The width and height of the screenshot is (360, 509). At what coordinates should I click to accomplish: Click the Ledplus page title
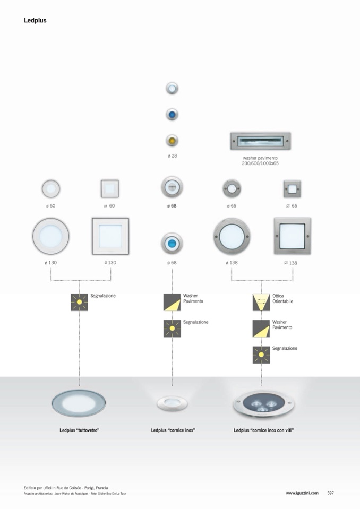pyautogui.click(x=35, y=20)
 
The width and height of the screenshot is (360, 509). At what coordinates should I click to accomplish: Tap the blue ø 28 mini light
pyautogui.click(x=172, y=115)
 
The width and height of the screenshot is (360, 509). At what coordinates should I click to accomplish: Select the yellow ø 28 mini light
pyautogui.click(x=172, y=141)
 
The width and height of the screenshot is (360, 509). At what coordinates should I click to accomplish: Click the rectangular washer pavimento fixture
pyautogui.click(x=260, y=141)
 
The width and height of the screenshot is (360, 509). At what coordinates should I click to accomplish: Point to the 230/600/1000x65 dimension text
pyautogui.click(x=260, y=163)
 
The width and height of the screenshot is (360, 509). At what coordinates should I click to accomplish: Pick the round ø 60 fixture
pyautogui.click(x=50, y=188)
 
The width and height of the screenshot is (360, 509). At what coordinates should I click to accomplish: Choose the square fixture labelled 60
pyautogui.click(x=110, y=188)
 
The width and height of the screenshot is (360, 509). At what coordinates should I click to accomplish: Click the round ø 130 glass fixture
pyautogui.click(x=50, y=236)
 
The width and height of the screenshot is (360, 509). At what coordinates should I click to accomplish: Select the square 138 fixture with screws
pyautogui.click(x=293, y=236)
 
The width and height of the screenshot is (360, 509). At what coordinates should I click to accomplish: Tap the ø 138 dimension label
pyautogui.click(x=232, y=262)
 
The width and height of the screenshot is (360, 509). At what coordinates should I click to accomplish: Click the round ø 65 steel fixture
pyautogui.click(x=232, y=188)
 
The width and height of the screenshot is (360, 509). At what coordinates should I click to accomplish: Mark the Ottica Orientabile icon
pyautogui.click(x=261, y=302)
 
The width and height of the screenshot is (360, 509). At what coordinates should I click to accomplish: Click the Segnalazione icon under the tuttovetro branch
pyautogui.click(x=80, y=302)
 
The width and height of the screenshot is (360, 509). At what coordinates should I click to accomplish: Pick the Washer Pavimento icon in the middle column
pyautogui.click(x=172, y=302)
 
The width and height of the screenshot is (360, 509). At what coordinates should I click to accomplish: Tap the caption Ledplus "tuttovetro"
pyautogui.click(x=80, y=430)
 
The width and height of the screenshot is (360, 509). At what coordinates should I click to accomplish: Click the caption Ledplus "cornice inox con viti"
pyautogui.click(x=263, y=430)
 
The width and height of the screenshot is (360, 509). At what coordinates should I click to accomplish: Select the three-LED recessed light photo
pyautogui.click(x=263, y=404)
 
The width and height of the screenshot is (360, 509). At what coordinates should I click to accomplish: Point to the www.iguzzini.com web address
pyautogui.click(x=302, y=493)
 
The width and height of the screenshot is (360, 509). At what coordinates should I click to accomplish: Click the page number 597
pyautogui.click(x=330, y=493)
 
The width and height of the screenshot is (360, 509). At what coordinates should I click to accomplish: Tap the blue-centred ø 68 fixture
pyautogui.click(x=172, y=243)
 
